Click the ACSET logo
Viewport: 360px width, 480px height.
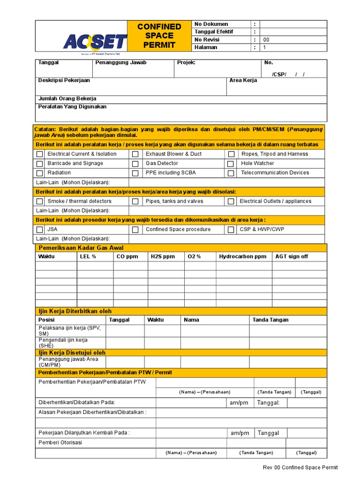coord(95,42)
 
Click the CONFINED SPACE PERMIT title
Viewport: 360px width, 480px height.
coord(159,36)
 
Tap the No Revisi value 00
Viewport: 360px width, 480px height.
coord(266,40)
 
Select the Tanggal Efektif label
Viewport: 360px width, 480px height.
coord(214,32)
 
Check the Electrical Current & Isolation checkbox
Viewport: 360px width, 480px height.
coord(40,154)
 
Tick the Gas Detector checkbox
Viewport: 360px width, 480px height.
coord(135,164)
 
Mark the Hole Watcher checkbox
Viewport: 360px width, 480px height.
coord(231,164)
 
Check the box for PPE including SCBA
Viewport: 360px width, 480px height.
coord(135,173)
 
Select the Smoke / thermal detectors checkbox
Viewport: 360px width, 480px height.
coord(40,202)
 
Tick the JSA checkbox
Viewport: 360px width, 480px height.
coord(40,230)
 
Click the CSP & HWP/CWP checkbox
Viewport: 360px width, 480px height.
coord(231,230)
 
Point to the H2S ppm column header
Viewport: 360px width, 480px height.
coord(163,256)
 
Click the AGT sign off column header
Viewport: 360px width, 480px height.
coord(292,256)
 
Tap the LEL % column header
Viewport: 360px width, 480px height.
coord(88,256)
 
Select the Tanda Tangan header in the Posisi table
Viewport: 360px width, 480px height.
coord(270,320)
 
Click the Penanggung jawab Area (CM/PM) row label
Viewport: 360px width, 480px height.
coord(68,362)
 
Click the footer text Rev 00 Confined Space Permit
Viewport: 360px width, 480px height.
coord(300,467)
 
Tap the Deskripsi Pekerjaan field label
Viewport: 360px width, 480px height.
coord(64,81)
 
